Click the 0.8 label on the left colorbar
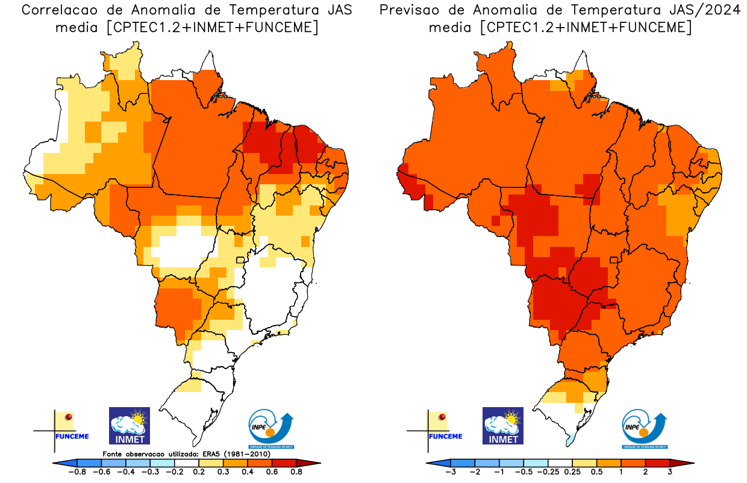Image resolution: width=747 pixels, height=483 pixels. click(296, 472)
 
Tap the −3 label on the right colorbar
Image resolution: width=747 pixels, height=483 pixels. click(449, 472)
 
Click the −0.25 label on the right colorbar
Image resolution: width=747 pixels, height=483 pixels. click(546, 472)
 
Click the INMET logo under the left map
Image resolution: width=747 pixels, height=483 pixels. click(129, 426)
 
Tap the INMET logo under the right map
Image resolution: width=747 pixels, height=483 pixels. click(503, 426)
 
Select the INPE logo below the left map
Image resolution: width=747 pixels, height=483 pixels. click(272, 429)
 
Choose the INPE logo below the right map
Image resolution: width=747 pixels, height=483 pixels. click(645, 429)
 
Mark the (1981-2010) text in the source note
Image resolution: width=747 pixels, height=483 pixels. click(249, 453)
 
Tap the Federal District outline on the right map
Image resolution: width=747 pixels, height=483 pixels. click(614, 260)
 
